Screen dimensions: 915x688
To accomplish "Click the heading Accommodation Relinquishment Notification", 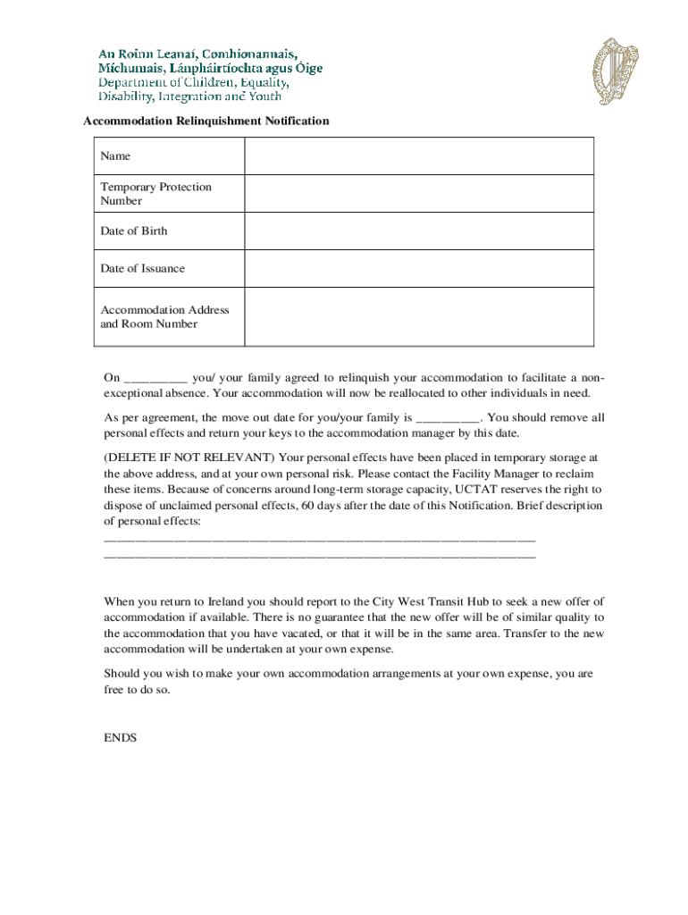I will (206, 121).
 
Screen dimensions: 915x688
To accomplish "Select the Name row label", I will (115, 156).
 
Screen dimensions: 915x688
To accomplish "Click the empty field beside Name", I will (418, 156).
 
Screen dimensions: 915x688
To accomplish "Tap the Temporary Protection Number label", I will (155, 194).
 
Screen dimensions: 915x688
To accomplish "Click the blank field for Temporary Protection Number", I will (418, 194).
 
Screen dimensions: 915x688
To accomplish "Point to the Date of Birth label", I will (133, 231).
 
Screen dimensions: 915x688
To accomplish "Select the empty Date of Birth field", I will (418, 231).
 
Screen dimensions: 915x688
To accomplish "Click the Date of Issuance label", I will (142, 269).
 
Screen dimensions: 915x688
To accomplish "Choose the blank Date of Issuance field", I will (418, 269).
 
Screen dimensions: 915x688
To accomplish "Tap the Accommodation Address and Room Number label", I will (164, 317).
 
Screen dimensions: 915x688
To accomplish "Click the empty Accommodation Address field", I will (418, 317).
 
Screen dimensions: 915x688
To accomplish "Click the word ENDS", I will (121, 738).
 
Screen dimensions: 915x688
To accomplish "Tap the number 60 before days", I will (308, 506).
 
